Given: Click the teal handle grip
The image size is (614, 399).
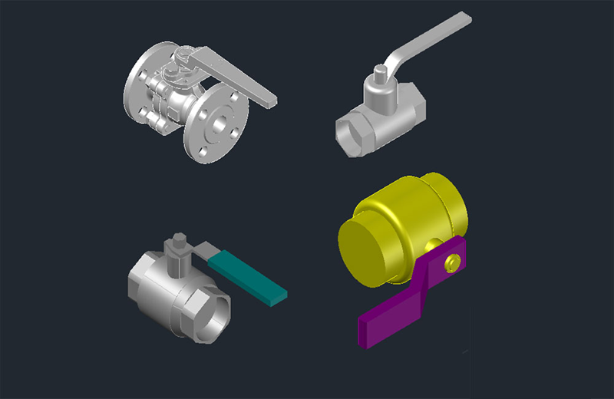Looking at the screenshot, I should click(249, 277).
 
